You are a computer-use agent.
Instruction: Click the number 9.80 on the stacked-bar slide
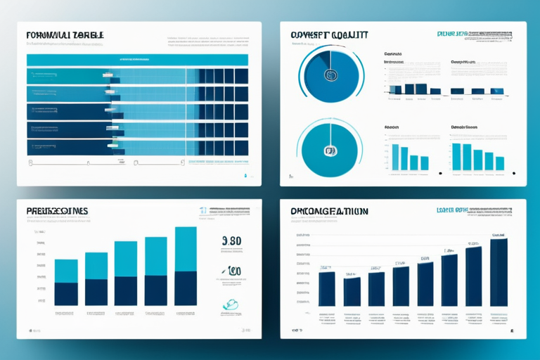231,240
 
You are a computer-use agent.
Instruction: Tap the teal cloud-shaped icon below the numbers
231,304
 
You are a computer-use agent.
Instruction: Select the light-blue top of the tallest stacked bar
186,249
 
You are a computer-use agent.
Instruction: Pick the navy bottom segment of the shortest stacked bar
66,294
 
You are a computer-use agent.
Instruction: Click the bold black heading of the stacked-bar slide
57,211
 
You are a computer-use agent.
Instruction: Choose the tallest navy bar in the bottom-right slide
499,272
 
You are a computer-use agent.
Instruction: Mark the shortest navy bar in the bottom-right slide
352,291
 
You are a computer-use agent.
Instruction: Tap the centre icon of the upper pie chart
328,73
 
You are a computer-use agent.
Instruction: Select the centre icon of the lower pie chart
328,150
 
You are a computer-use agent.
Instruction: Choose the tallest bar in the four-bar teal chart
395,157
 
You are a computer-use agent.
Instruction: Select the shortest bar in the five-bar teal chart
499,163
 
